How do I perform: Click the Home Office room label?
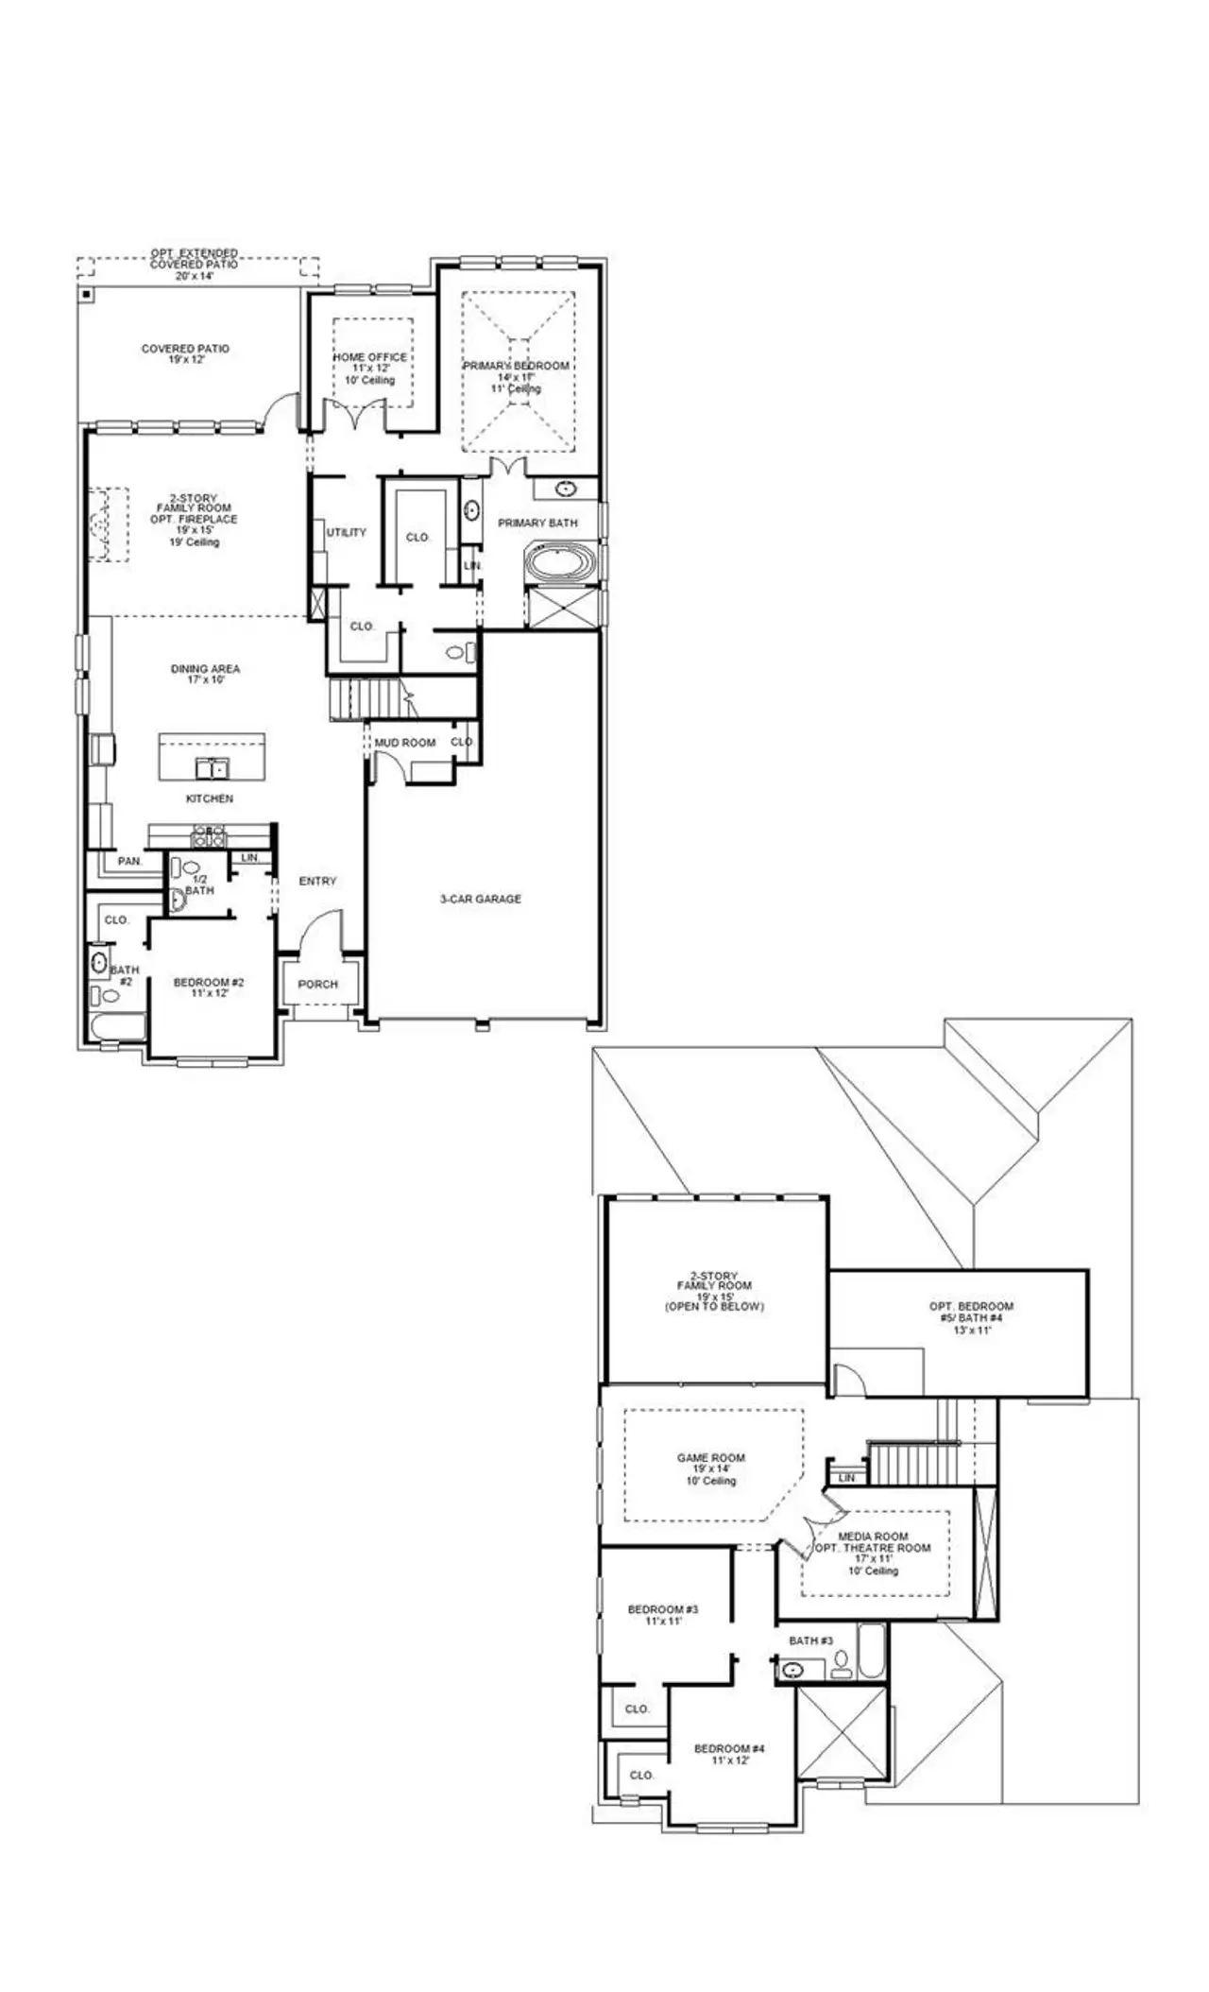(x=369, y=357)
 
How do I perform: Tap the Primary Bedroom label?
(x=516, y=366)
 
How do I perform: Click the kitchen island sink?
(x=213, y=766)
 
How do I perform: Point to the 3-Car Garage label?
(x=481, y=899)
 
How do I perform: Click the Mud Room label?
(x=405, y=743)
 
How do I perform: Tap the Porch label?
(x=317, y=984)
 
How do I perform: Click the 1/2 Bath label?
(x=199, y=884)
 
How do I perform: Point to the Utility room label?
(x=346, y=532)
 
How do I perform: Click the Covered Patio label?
(x=185, y=349)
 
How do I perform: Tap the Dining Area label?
(x=205, y=669)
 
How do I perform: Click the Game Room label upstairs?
(x=710, y=1458)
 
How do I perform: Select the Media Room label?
(x=873, y=1537)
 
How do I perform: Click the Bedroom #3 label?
(x=663, y=1609)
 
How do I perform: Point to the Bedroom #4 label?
(x=729, y=1749)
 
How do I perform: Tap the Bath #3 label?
(x=810, y=1640)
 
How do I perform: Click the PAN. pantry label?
(x=129, y=861)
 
